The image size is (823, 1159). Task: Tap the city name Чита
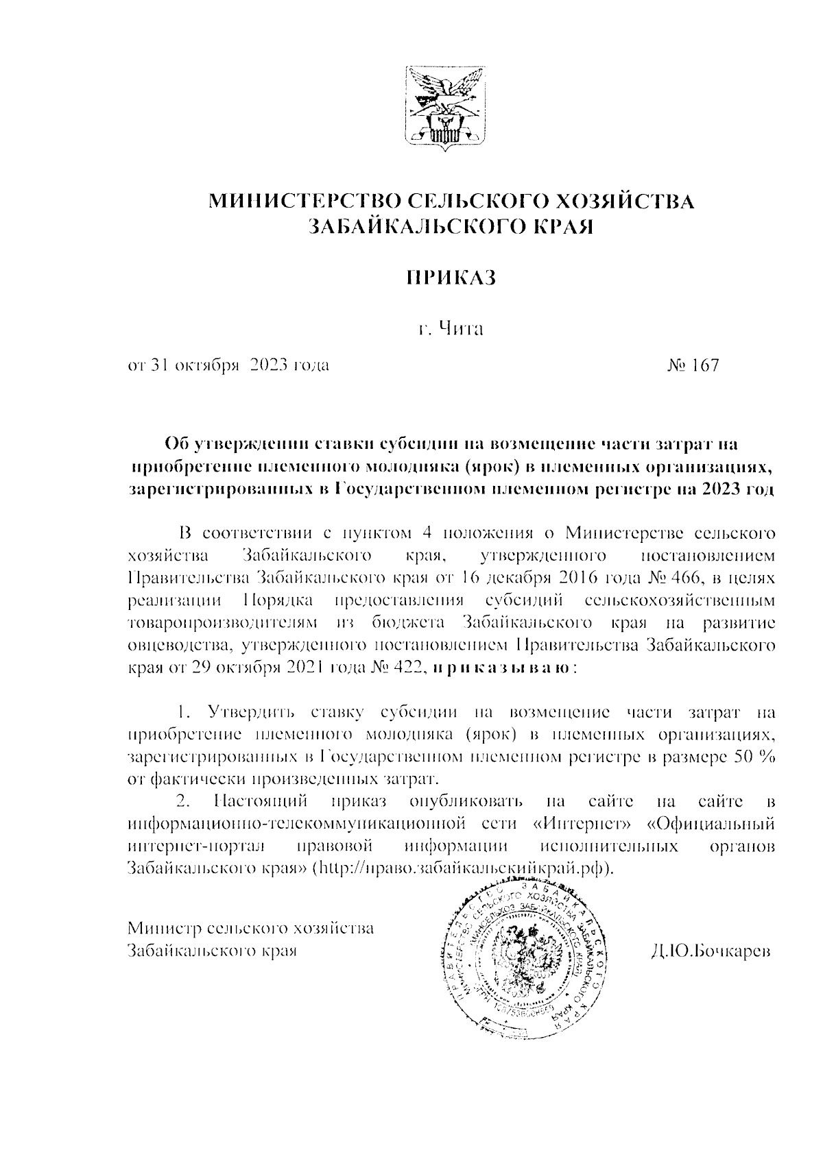(462, 330)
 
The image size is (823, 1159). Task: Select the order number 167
(705, 365)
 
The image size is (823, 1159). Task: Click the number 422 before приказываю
(409, 668)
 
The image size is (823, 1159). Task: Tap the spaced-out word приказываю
(501, 668)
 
